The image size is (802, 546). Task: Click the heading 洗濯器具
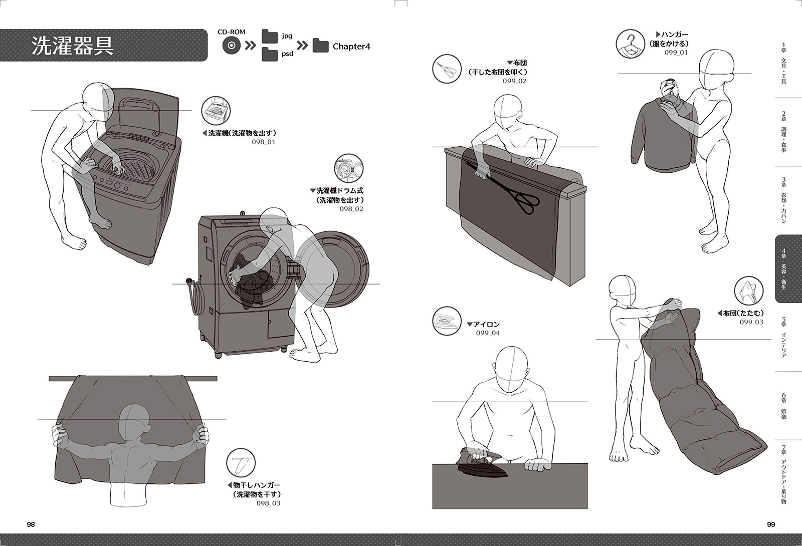pyautogui.click(x=73, y=45)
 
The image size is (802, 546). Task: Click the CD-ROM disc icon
pyautogui.click(x=231, y=46)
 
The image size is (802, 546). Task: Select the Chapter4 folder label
pyautogui.click(x=351, y=47)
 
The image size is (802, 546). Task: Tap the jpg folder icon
pyautogui.click(x=270, y=36)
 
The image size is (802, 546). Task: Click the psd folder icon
pyautogui.click(x=270, y=54)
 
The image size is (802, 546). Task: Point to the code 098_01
pyautogui.click(x=263, y=142)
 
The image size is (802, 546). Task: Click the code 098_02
pyautogui.click(x=351, y=209)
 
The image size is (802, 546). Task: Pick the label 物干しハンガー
pyautogui.click(x=256, y=485)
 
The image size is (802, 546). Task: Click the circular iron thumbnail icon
pyautogui.click(x=446, y=321)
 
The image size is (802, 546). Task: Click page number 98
pyautogui.click(x=31, y=524)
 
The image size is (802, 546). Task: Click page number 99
pyautogui.click(x=771, y=524)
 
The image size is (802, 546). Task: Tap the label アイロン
pyautogui.click(x=486, y=324)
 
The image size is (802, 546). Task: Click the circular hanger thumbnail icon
pyautogui.click(x=630, y=43)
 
